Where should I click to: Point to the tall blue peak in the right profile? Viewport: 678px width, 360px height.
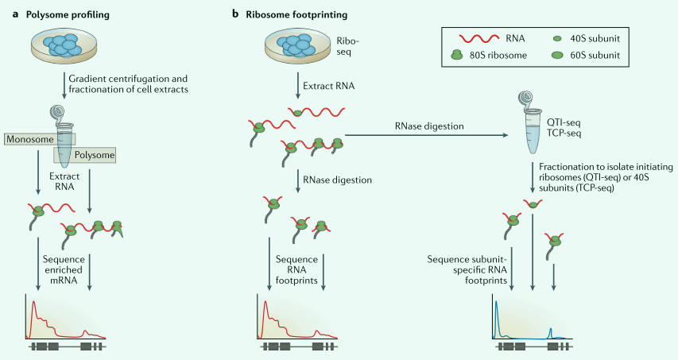496,308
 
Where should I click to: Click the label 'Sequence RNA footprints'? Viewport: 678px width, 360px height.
296,269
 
